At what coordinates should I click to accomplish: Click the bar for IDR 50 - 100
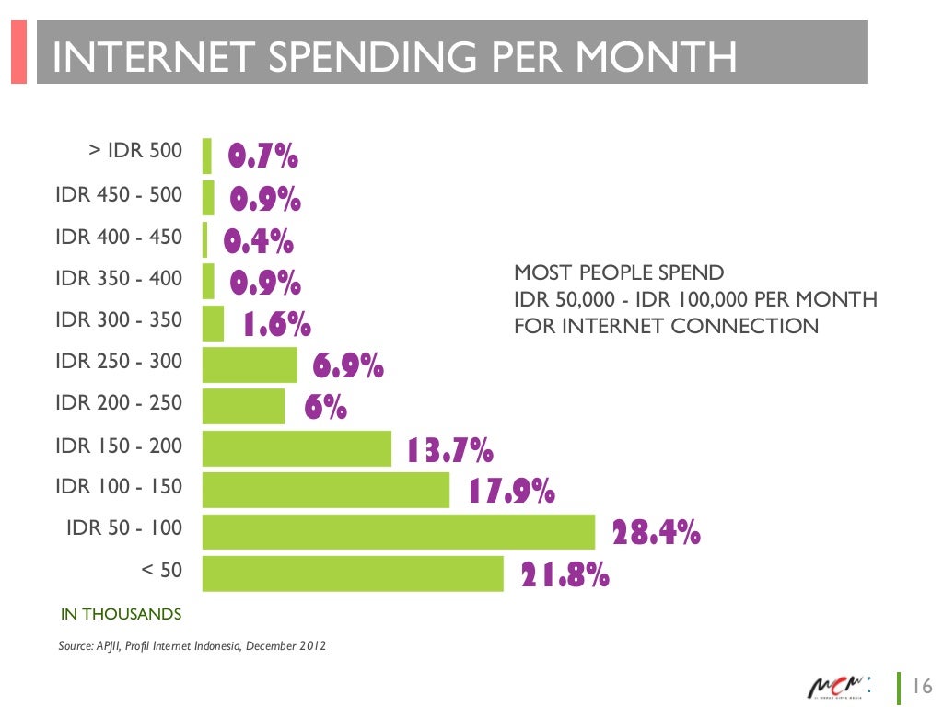pos(399,531)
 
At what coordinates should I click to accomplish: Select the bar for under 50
pos(353,574)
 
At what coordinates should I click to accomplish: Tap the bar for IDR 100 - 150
pos(325,490)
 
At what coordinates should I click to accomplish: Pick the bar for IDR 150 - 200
pos(297,448)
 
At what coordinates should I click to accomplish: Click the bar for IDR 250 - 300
pos(250,365)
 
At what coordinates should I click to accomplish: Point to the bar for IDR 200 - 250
pos(243,406)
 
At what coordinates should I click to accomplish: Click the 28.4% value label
pos(657,532)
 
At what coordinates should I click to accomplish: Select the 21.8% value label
pos(565,575)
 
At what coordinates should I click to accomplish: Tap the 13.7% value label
pos(449,451)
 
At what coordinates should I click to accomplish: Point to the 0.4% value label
pos(258,241)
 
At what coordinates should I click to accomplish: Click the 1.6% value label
pos(276,324)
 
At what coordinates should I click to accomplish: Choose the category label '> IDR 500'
pos(134,151)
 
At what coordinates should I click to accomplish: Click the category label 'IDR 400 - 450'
pos(119,237)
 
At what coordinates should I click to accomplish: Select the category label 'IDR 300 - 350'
pos(119,320)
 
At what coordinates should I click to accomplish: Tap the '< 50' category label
pos(161,571)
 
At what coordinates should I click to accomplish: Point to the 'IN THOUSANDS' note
pos(121,614)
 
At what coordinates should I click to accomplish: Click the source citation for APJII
pos(192,645)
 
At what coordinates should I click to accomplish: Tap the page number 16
pos(922,686)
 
